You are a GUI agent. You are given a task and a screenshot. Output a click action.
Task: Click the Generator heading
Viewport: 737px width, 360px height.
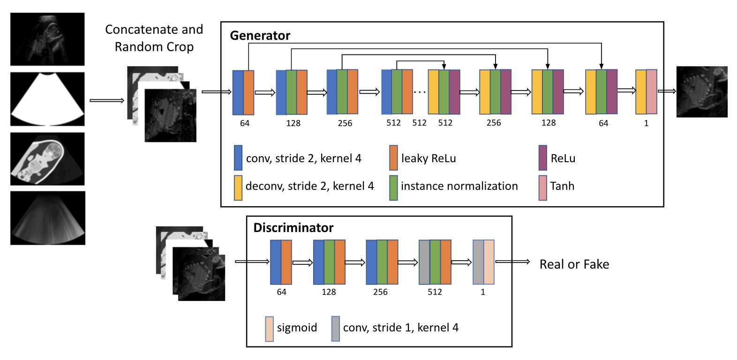pyautogui.click(x=260, y=36)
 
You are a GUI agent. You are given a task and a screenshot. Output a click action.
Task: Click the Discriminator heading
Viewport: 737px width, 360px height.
pyautogui.click(x=293, y=228)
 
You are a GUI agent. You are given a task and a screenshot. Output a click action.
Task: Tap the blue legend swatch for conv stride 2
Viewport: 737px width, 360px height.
pyautogui.click(x=238, y=157)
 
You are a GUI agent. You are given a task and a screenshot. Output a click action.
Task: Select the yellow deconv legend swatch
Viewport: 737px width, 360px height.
pyautogui.click(x=238, y=187)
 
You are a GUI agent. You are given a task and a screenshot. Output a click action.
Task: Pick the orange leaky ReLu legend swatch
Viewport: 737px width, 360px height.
pyautogui.click(x=393, y=157)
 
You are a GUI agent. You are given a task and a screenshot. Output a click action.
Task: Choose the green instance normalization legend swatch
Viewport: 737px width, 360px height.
pyautogui.click(x=393, y=187)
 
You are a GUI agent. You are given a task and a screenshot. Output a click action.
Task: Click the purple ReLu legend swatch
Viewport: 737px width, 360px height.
pyautogui.click(x=543, y=157)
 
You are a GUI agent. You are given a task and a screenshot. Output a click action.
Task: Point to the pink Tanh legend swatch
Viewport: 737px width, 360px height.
pyautogui.click(x=543, y=187)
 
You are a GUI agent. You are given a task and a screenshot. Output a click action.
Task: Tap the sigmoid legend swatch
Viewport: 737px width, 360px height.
pyautogui.click(x=269, y=329)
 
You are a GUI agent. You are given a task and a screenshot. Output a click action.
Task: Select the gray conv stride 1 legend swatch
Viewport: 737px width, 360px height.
pyautogui.click(x=336, y=329)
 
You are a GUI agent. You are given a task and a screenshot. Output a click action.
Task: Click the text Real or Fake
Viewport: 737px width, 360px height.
pyautogui.click(x=574, y=264)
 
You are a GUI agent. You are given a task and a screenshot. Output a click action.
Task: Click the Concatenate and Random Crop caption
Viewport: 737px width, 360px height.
pyautogui.click(x=154, y=38)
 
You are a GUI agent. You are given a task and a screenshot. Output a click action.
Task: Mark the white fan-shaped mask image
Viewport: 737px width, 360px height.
pyautogui.click(x=47, y=99)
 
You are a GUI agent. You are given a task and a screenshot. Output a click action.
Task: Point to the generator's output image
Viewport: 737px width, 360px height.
pyautogui.click(x=702, y=91)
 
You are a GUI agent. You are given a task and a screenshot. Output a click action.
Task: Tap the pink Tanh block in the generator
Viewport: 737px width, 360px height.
pyautogui.click(x=652, y=92)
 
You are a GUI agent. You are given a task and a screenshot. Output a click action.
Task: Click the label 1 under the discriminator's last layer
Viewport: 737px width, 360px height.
pyautogui.click(x=483, y=292)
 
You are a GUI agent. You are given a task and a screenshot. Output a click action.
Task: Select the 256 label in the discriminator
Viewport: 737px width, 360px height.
pyautogui.click(x=380, y=292)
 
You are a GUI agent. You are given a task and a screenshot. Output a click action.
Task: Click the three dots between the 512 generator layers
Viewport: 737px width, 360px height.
pyautogui.click(x=420, y=92)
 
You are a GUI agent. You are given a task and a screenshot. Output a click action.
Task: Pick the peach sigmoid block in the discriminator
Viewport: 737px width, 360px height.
pyautogui.click(x=489, y=262)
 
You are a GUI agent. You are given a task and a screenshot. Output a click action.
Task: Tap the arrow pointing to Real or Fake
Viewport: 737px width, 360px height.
pyautogui.click(x=512, y=262)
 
